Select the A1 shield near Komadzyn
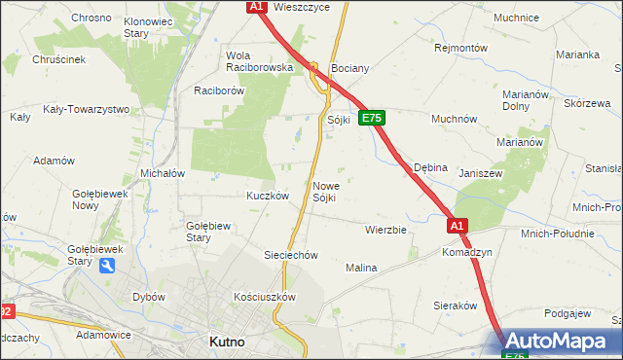tap(458, 226)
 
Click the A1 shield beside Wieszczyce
tap(256, 7)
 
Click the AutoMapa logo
tap(562, 342)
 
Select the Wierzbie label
tap(385, 230)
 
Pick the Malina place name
tap(361, 267)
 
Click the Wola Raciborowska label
tap(259, 61)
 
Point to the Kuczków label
tap(268, 195)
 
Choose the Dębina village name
tap(430, 167)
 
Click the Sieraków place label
tap(455, 305)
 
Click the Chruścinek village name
tap(60, 59)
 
